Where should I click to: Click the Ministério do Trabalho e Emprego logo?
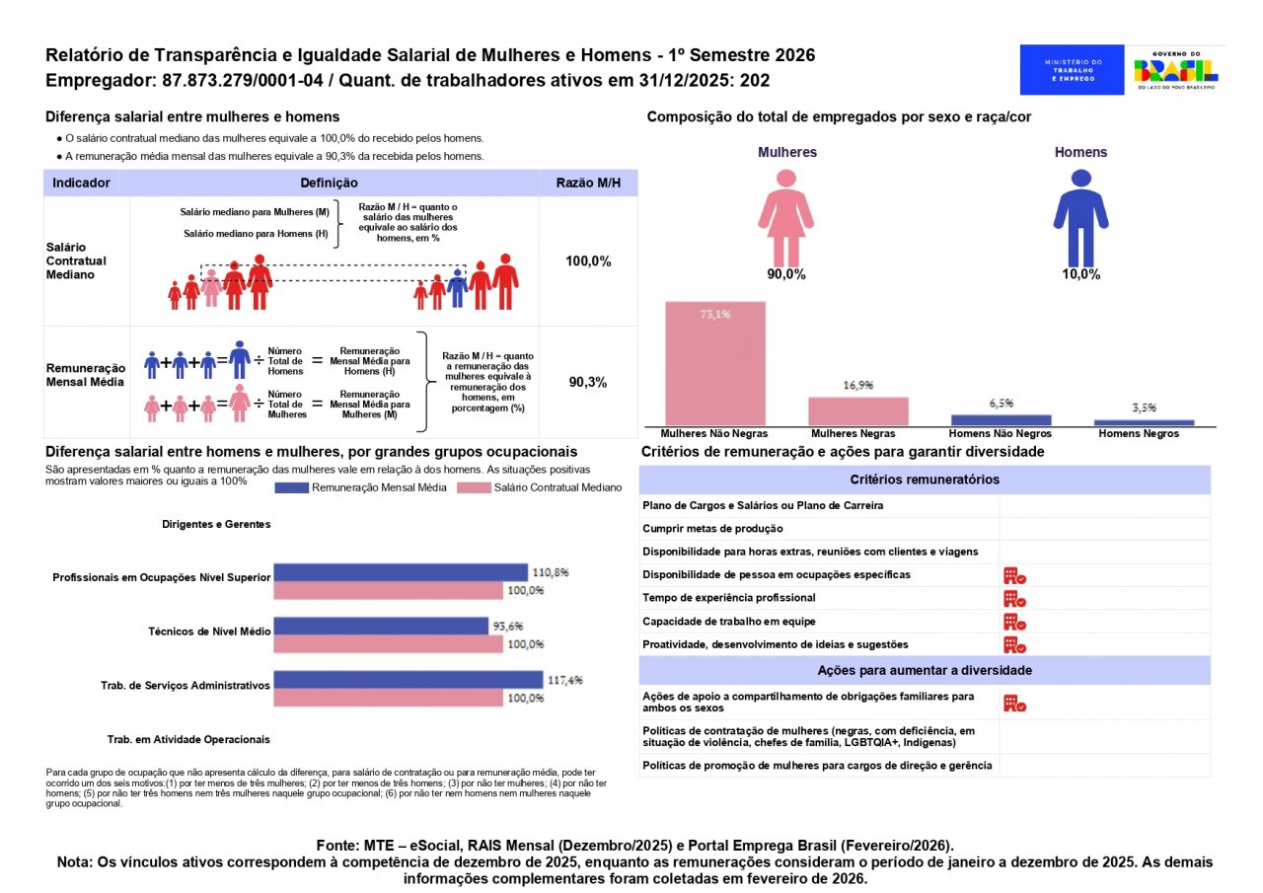tap(1072, 70)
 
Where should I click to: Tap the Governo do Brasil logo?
tap(1175, 70)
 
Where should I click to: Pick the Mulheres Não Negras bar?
tap(715, 363)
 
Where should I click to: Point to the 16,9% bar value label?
tap(858, 386)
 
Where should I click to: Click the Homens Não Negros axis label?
tap(1000, 433)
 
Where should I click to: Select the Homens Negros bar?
tap(1144, 422)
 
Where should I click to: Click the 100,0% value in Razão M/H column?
tap(588, 261)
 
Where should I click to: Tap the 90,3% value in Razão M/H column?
tap(588, 382)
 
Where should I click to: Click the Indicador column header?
tap(81, 183)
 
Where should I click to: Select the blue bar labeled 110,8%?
tap(400, 572)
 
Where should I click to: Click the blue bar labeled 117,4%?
tap(408, 680)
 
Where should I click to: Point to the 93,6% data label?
tap(507, 626)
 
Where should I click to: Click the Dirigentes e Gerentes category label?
tap(216, 524)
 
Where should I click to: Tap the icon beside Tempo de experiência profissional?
tap(1013, 598)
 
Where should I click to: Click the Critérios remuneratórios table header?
tap(924, 480)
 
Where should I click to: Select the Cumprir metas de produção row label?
tap(712, 528)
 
